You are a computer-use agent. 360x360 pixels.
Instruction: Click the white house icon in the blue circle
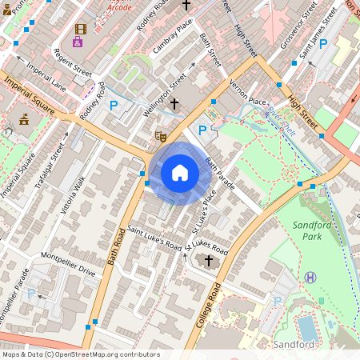point(180,173)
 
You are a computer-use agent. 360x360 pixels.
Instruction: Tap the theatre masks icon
point(160,137)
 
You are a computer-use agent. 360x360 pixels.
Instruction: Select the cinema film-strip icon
point(79,29)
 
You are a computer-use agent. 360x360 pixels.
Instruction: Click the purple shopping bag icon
point(78,42)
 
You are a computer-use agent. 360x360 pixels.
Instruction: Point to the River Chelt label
point(282,121)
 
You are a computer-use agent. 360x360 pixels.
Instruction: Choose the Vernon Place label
point(246,101)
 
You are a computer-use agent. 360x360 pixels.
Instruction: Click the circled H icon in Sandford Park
point(310,277)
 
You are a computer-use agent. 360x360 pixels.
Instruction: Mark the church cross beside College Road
point(209,261)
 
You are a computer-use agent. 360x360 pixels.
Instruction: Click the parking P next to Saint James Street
point(322,44)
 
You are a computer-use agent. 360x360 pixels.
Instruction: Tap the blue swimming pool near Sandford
point(306,327)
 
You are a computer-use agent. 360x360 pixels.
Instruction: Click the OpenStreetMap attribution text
point(81,354)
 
